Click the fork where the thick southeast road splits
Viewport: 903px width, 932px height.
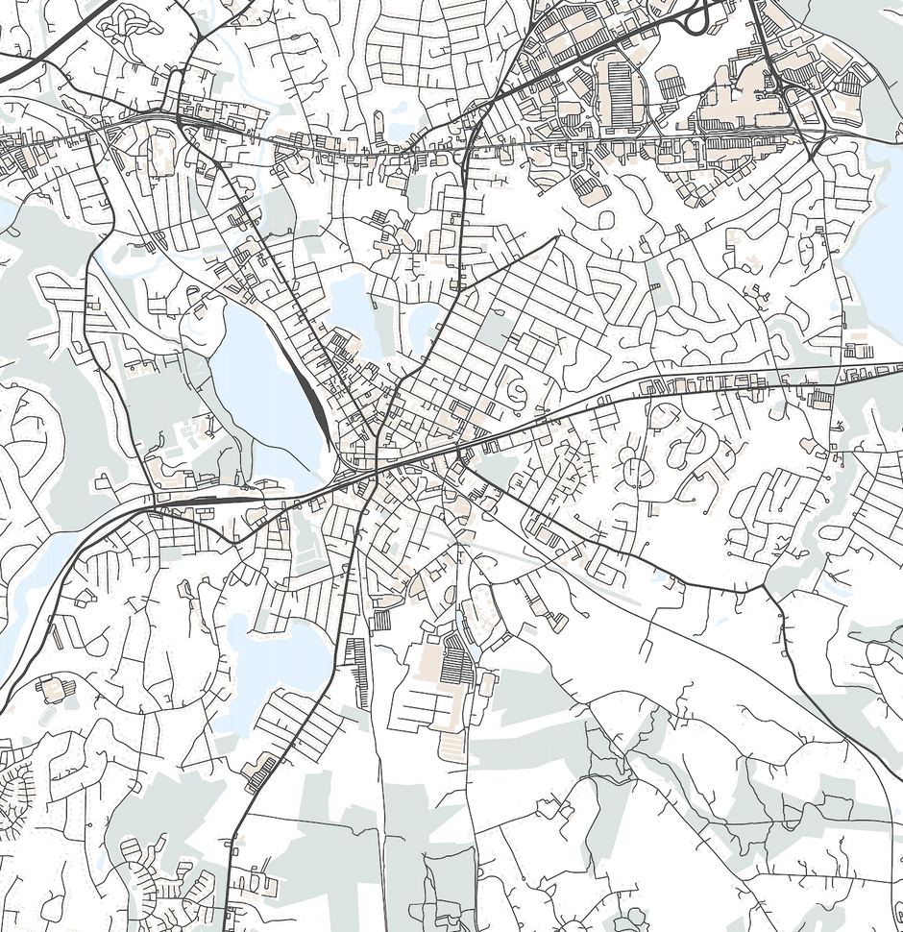(x=764, y=586)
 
